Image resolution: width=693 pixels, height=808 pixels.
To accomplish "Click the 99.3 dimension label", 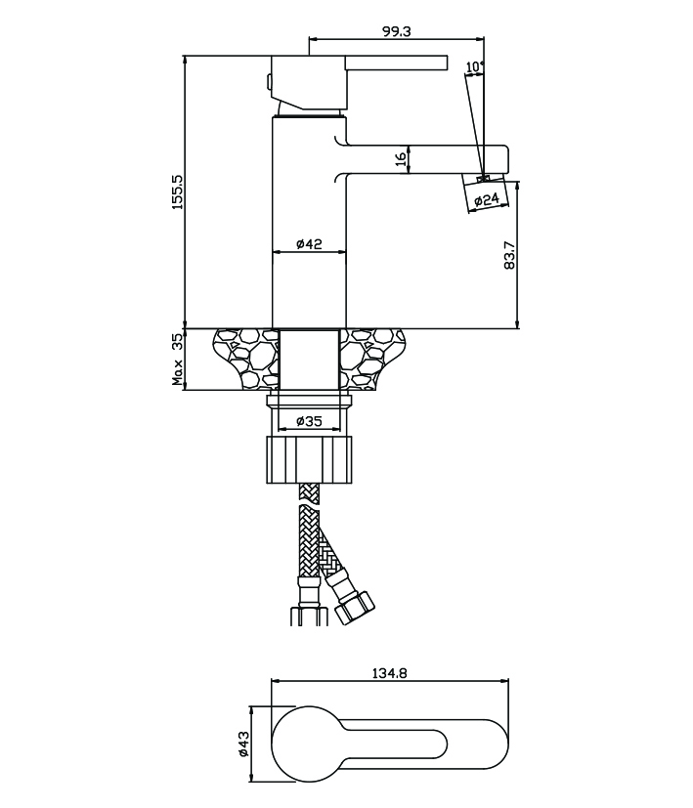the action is tap(396, 31).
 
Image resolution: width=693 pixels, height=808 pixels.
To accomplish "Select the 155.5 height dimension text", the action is tap(177, 191).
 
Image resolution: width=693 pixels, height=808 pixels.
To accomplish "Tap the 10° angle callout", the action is tap(475, 67).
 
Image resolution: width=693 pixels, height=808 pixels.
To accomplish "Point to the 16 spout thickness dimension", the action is tap(401, 159).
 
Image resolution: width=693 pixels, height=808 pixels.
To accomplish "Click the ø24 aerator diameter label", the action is tap(487, 199).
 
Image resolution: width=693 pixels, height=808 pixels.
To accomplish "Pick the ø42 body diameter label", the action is tap(310, 243).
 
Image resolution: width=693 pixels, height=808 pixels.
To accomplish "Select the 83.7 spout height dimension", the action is tap(509, 255).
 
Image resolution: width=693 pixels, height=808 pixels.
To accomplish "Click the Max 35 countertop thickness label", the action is tap(177, 360).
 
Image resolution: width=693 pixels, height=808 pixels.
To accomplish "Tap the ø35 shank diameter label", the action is tap(310, 421).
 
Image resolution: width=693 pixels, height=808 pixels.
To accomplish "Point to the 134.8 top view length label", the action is tap(390, 673).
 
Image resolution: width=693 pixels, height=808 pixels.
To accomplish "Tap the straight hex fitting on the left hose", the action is tap(310, 617).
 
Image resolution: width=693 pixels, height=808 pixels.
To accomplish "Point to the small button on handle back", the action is tap(268, 81).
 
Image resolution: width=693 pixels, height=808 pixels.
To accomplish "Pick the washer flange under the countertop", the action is tap(309, 402).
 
